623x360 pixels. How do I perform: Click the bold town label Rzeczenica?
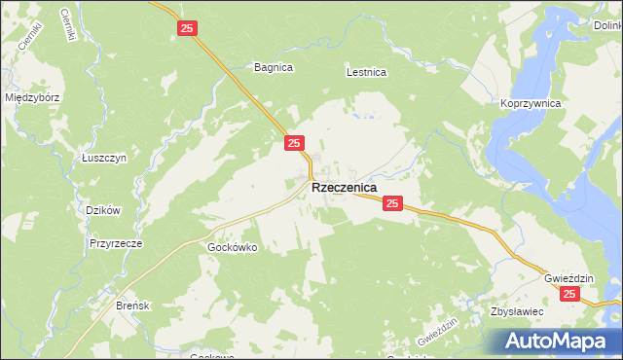[x=345, y=189]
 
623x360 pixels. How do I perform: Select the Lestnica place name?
[x=367, y=72]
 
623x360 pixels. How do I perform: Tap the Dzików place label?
[x=102, y=210]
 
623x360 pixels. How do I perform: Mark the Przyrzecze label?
[x=116, y=244]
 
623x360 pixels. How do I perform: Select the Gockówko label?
[x=232, y=247]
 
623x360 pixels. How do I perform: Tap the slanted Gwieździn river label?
[x=436, y=336]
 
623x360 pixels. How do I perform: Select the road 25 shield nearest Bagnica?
[x=294, y=143]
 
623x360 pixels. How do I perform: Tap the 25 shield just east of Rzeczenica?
[x=391, y=203]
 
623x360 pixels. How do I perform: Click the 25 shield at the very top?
[x=188, y=29]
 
